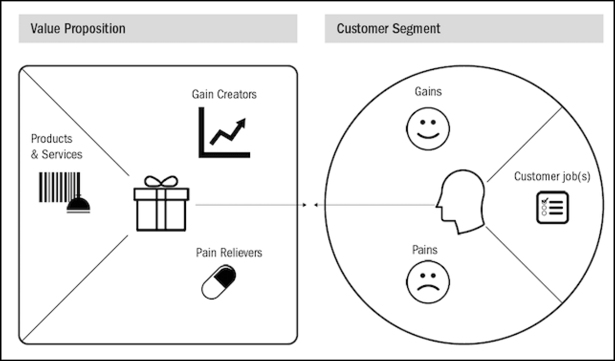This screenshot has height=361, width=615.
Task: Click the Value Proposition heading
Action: (x=78, y=28)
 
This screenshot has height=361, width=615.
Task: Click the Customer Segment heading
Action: (x=388, y=28)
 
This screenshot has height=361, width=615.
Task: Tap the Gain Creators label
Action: (x=224, y=94)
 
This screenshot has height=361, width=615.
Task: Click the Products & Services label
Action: (x=56, y=146)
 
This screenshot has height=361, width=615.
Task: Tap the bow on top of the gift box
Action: (x=161, y=181)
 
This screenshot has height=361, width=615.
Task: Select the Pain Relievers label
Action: (x=229, y=252)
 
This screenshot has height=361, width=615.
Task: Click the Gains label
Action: (x=428, y=92)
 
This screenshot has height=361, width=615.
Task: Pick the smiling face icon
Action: (x=428, y=129)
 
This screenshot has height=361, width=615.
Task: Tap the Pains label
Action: (x=425, y=250)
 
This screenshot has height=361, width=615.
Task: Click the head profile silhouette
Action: (x=461, y=203)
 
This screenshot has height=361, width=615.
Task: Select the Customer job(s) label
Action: (x=552, y=177)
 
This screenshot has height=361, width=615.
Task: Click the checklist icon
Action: (x=552, y=207)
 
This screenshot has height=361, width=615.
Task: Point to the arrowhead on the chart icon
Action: (x=241, y=123)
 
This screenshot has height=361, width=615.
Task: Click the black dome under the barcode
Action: (x=78, y=204)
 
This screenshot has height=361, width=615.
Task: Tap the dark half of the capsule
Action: (x=225, y=277)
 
